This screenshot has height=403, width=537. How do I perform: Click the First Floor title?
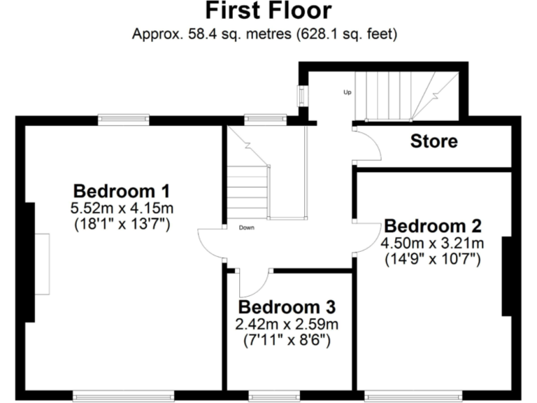(x=268, y=12)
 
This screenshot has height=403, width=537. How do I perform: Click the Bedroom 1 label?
(x=122, y=190)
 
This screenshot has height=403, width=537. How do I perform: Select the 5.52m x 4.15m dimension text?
(x=122, y=208)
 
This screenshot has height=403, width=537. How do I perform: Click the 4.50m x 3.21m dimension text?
(x=433, y=243)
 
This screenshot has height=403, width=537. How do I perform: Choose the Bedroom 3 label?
(x=287, y=307)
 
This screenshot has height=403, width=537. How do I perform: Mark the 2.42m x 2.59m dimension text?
(x=287, y=325)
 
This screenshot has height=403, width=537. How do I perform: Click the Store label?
(x=434, y=142)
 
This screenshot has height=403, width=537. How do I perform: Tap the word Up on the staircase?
(x=347, y=92)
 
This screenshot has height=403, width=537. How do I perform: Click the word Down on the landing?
(x=246, y=227)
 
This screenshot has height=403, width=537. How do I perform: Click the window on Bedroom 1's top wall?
(x=123, y=120)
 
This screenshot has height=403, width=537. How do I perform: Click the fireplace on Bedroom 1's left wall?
(x=43, y=264)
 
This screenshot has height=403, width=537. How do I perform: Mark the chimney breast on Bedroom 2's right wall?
(x=507, y=276)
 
